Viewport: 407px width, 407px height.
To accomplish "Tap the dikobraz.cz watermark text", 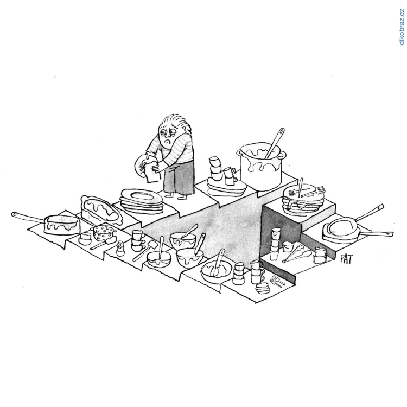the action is point(402,27).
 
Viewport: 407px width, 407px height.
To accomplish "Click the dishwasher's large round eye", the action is point(164,132).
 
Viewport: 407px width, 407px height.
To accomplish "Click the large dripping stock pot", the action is point(261,167).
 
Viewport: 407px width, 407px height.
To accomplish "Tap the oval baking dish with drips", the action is point(101,210).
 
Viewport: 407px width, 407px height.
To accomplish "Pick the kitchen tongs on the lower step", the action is point(295,252).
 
